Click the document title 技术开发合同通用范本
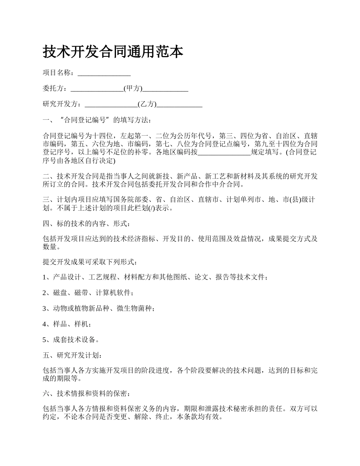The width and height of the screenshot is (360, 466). pos(113,52)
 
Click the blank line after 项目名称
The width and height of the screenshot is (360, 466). pos(104,73)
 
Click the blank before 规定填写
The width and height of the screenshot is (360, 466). pos(224,153)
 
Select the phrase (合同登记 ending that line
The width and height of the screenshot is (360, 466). pos(301,153)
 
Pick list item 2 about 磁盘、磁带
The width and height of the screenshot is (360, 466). pos(88,293)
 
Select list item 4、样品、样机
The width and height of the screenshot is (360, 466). pos(67,324)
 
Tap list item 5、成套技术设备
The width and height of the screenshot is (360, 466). pos(72,339)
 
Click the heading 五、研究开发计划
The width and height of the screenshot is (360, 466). pos(72,355)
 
